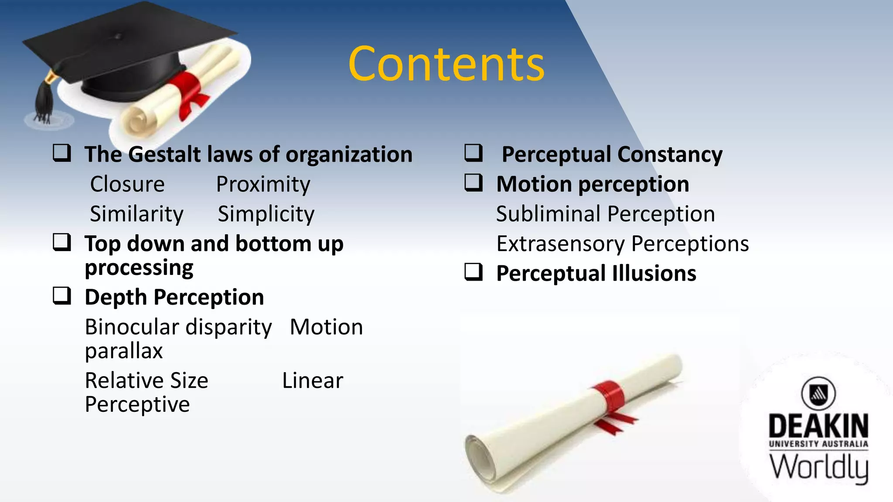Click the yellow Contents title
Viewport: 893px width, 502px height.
(x=446, y=64)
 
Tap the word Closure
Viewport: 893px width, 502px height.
(x=127, y=184)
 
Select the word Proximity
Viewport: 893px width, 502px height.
(x=263, y=184)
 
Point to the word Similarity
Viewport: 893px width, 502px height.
(x=136, y=214)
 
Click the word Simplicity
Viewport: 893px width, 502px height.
(x=266, y=214)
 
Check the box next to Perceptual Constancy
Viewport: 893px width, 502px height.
(x=474, y=153)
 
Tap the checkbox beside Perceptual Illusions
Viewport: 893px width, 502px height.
(x=474, y=272)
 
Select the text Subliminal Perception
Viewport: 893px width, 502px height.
(x=605, y=214)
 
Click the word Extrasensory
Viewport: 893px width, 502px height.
(x=560, y=244)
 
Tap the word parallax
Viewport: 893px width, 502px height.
(x=124, y=351)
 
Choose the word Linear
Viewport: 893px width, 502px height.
(x=312, y=380)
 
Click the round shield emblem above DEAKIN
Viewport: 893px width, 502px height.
(x=818, y=393)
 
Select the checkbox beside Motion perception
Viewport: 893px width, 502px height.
(x=474, y=183)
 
